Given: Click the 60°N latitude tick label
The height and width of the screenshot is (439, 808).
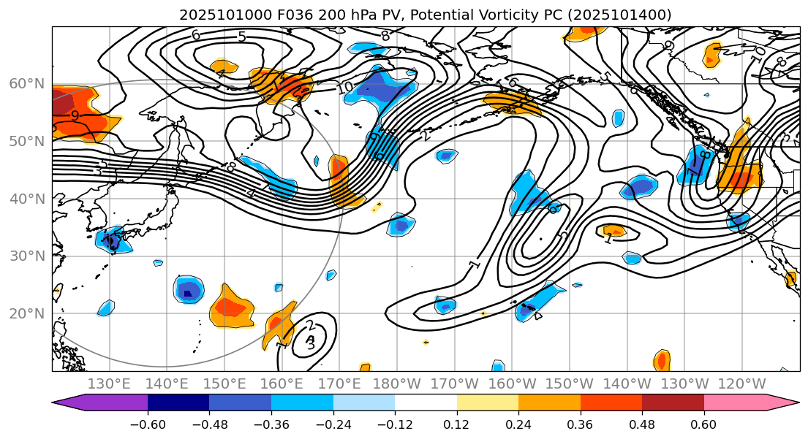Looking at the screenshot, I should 26,83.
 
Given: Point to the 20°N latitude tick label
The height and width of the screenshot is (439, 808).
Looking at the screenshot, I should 26,314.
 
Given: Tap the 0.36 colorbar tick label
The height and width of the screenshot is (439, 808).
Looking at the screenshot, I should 580,424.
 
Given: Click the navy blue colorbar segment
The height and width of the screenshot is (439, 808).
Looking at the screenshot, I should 178,402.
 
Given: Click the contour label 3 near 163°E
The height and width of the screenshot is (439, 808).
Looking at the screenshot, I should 310,342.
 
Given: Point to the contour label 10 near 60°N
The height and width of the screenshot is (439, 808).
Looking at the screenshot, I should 344,88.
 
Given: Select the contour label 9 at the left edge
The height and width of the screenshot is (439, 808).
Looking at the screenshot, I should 75,115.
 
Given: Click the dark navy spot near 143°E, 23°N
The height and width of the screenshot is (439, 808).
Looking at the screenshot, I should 188,294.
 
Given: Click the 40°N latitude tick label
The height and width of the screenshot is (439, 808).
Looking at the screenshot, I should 26,199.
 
